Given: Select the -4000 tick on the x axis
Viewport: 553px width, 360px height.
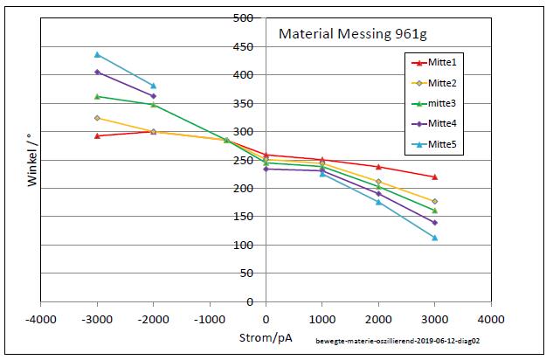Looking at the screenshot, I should coord(40,318).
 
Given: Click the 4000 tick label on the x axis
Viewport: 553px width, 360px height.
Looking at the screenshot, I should coord(491,318).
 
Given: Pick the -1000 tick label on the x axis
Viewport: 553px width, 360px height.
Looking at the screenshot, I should coord(210,318).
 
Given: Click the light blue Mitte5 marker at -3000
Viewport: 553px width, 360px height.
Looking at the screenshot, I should coord(97,54).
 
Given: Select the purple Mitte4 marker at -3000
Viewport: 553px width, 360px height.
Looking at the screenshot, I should coord(97,72).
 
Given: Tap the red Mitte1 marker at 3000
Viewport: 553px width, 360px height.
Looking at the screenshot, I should coord(434,177).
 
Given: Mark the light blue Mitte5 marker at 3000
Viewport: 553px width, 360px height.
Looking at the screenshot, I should coord(434,238).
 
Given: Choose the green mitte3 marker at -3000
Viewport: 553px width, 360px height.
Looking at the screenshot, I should coord(97,96).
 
